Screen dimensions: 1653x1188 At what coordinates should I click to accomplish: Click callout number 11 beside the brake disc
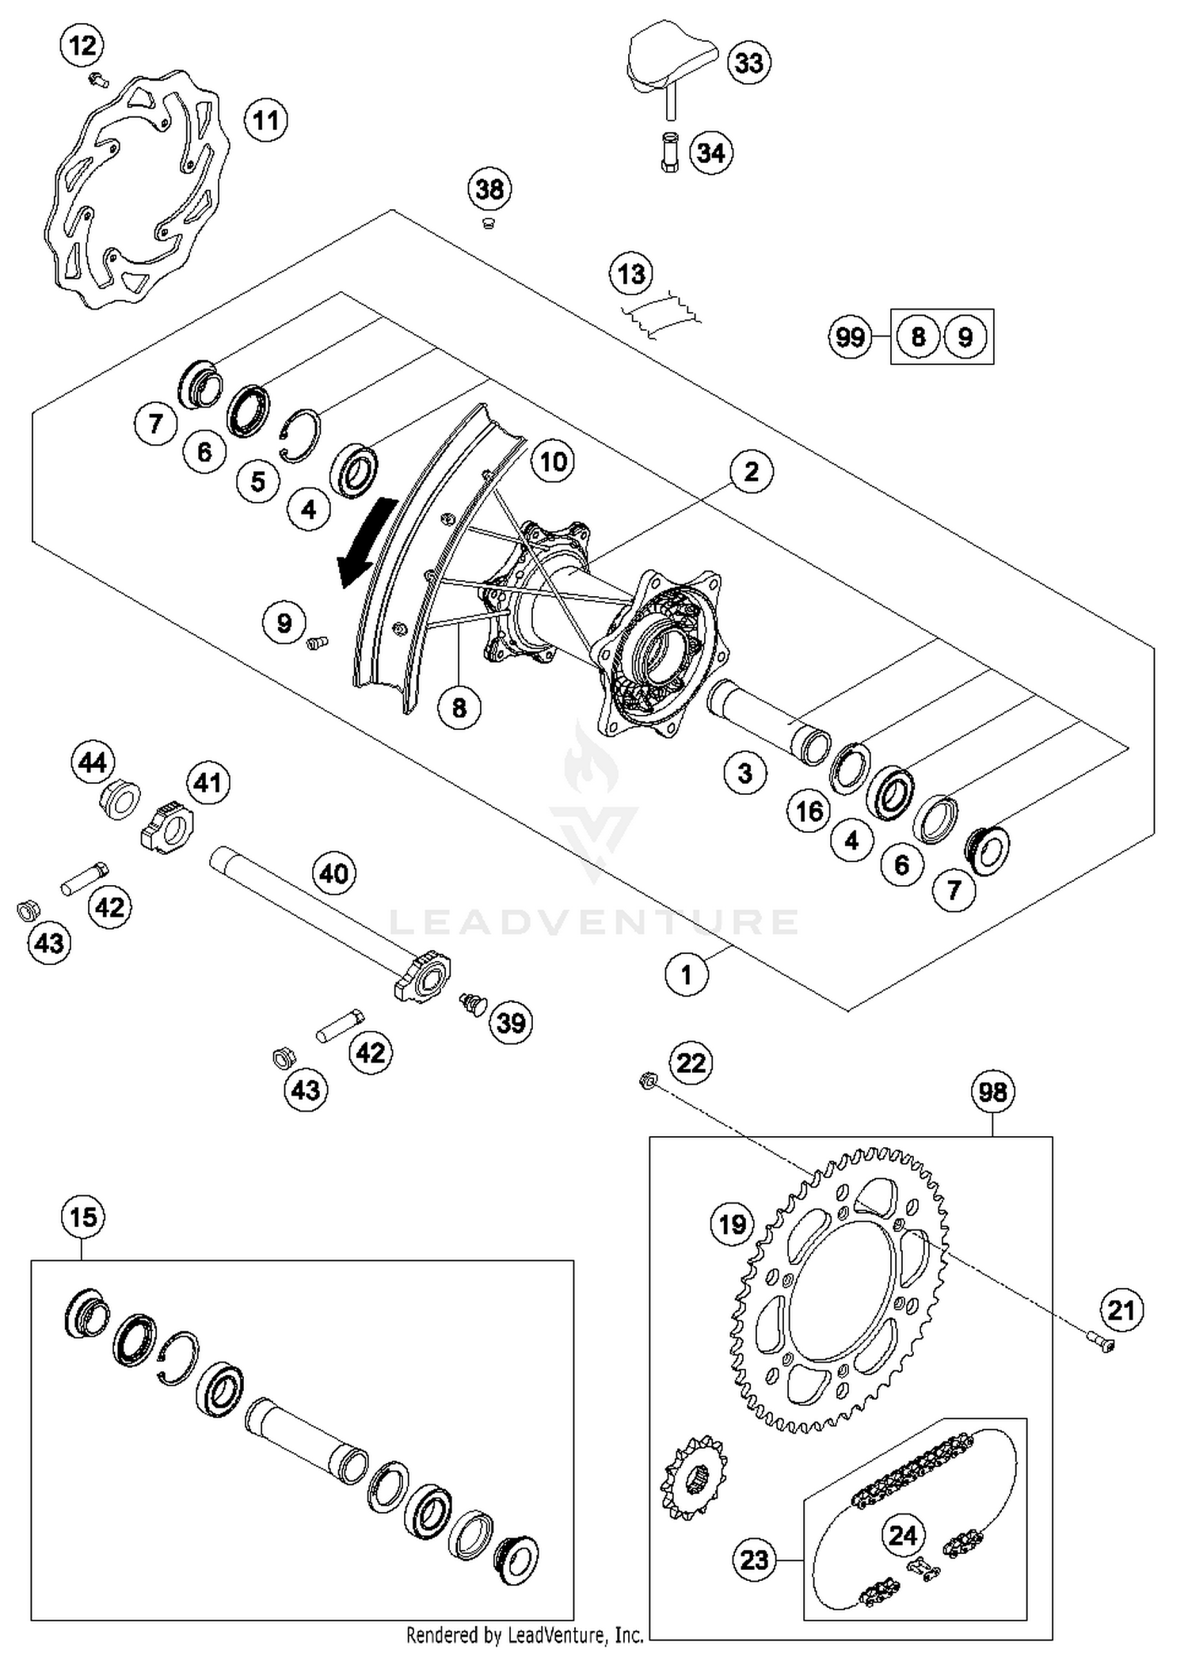(x=265, y=121)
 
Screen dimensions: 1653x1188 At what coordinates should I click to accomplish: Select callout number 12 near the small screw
(x=82, y=46)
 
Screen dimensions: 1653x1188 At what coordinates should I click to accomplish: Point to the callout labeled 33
(x=748, y=63)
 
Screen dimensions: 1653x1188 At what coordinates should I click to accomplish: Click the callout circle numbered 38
(x=489, y=189)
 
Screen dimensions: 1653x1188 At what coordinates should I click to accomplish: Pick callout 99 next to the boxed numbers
(x=850, y=337)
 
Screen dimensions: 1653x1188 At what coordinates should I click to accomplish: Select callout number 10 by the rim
(x=553, y=462)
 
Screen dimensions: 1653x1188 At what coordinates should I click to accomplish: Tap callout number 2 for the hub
(x=751, y=472)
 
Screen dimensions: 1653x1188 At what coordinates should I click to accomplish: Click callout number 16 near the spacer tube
(x=809, y=811)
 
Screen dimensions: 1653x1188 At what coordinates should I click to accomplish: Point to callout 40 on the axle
(x=333, y=874)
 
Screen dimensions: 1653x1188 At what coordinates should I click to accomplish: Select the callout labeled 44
(x=93, y=762)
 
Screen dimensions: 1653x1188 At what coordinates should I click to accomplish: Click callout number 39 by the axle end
(x=511, y=1023)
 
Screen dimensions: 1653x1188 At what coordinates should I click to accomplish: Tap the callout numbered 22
(x=691, y=1062)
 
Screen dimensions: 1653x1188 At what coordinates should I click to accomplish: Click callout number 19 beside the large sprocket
(x=732, y=1225)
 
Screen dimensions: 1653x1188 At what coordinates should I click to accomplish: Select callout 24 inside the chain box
(x=903, y=1535)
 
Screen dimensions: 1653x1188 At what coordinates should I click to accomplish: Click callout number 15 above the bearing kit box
(x=83, y=1217)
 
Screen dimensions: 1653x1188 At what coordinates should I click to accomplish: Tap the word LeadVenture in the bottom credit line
(x=562, y=1635)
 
